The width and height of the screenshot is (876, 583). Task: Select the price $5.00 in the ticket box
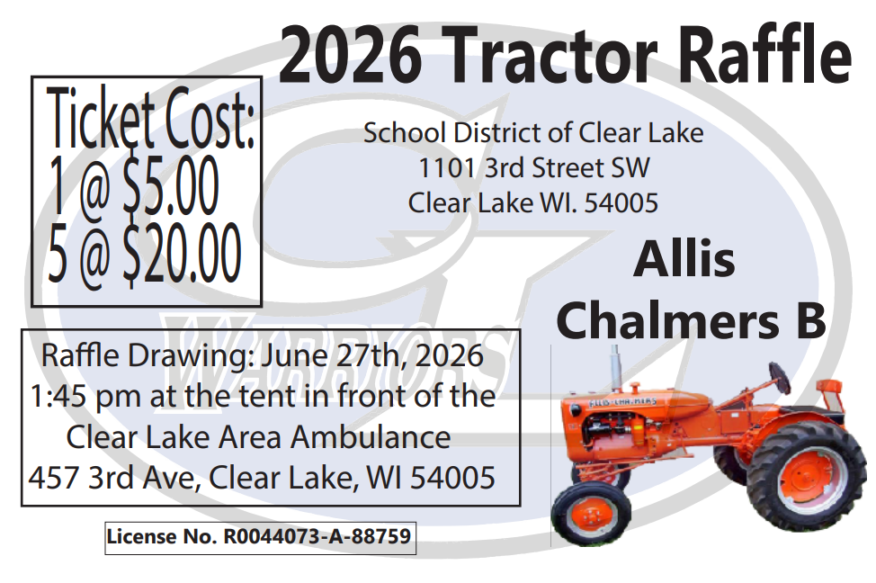coord(171,190)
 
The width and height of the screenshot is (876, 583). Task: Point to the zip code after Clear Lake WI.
coord(621,202)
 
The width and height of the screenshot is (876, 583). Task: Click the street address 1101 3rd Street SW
coord(533,168)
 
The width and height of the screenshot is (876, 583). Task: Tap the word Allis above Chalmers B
coord(684,260)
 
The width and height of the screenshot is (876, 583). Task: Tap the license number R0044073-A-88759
coord(317,538)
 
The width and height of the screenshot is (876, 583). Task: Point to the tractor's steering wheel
coord(779,377)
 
